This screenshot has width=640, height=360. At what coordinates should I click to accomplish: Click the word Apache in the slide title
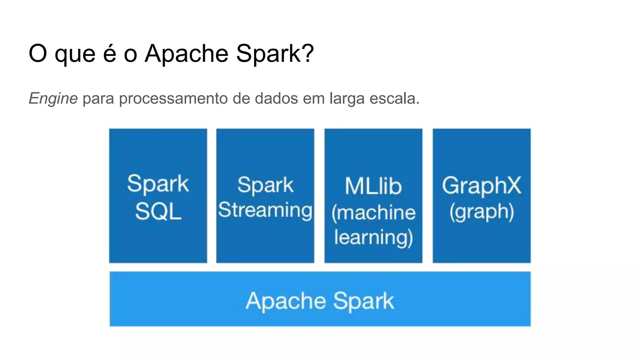pyautogui.click(x=186, y=54)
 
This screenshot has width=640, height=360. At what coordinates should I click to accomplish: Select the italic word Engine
pyautogui.click(x=53, y=99)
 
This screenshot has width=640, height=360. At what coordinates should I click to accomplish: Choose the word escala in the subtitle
pyautogui.click(x=394, y=99)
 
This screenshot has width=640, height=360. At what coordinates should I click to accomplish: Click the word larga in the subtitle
pyautogui.click(x=347, y=99)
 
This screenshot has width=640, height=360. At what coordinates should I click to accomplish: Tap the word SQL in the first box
pyautogui.click(x=158, y=212)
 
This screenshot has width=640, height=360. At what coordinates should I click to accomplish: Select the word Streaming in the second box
pyautogui.click(x=265, y=210)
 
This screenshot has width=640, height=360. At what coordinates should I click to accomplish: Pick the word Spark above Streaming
pyautogui.click(x=265, y=185)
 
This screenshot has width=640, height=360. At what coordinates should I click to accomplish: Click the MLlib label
pyautogui.click(x=373, y=186)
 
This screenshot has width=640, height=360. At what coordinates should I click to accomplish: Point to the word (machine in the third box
pyautogui.click(x=373, y=213)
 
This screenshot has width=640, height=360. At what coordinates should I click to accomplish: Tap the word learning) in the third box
pyautogui.click(x=373, y=237)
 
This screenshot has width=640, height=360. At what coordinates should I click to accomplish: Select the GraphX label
pyautogui.click(x=482, y=186)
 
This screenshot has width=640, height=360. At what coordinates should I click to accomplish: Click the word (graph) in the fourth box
pyautogui.click(x=482, y=212)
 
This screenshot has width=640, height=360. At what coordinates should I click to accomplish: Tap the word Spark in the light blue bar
pyautogui.click(x=363, y=301)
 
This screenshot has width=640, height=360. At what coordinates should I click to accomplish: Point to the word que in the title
pyautogui.click(x=75, y=54)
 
